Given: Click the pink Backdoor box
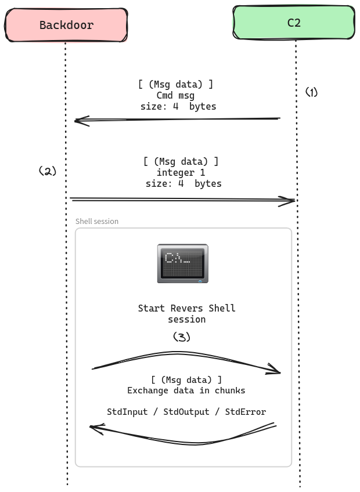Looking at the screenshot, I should [x=66, y=25].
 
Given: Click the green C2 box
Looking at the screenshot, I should [x=294, y=23].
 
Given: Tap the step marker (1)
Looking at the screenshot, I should [x=312, y=92].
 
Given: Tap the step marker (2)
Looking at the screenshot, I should [x=48, y=171].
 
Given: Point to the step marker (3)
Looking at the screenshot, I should [x=182, y=337].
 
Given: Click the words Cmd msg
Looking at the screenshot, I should [x=175, y=95].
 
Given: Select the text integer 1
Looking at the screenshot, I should [x=181, y=172].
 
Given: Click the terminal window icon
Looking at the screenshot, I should [x=182, y=263].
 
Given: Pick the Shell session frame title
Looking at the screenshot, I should [x=97, y=221].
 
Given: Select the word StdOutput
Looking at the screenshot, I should [x=186, y=412].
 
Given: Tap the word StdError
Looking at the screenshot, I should [x=245, y=412].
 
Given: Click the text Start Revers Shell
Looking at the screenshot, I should [x=186, y=308].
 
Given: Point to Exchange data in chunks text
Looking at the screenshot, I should [x=186, y=390].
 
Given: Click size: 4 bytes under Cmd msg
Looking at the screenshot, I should [x=178, y=106].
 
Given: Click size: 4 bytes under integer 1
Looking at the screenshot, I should [x=183, y=183].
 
